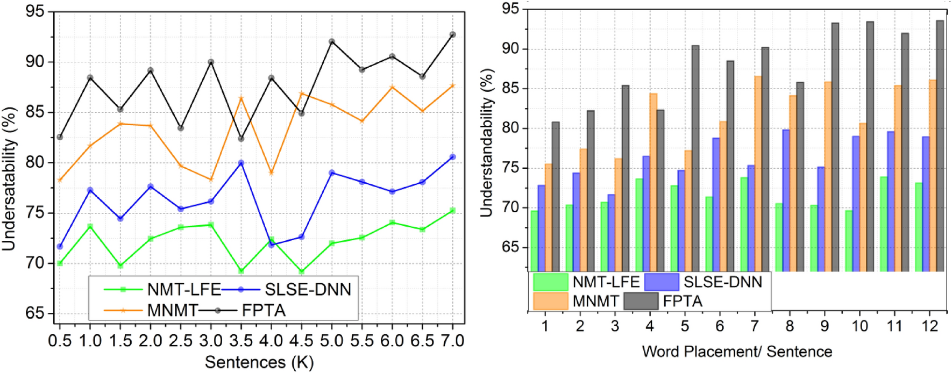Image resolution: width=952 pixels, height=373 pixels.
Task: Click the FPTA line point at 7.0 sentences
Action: (x=452, y=34)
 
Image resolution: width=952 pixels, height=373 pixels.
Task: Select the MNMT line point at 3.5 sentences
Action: (x=241, y=98)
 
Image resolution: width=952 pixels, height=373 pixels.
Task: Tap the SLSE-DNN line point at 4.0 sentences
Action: (x=271, y=245)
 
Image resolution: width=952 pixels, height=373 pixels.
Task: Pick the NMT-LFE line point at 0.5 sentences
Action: (x=60, y=263)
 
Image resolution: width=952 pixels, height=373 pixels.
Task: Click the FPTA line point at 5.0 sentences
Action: (x=332, y=41)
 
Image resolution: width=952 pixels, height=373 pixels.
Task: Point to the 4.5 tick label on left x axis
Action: (x=301, y=341)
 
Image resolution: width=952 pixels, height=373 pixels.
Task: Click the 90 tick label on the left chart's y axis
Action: (x=35, y=62)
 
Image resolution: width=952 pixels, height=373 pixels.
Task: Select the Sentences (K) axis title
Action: (x=259, y=362)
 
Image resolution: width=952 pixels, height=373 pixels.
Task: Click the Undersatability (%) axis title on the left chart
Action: (x=10, y=179)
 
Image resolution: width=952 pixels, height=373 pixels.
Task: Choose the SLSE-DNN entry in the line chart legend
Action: (x=308, y=290)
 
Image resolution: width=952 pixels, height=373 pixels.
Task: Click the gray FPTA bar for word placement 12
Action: (x=940, y=145)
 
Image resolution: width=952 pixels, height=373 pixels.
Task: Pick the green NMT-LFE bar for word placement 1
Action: (x=534, y=240)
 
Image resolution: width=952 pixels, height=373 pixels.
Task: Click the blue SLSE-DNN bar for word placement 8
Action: (x=786, y=200)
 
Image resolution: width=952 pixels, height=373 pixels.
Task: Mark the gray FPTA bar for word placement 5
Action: (x=695, y=158)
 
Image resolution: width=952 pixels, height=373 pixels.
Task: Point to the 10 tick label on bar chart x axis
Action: (x=859, y=326)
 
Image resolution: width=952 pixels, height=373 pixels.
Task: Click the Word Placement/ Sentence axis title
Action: (x=737, y=352)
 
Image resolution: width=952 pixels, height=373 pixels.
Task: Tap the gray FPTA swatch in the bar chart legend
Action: (x=641, y=301)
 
